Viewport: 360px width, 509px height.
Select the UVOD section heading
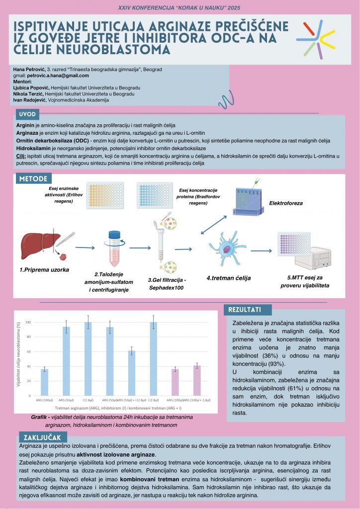pyautogui.click(x=28, y=114)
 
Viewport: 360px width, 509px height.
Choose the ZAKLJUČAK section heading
pyautogui.click(x=42, y=437)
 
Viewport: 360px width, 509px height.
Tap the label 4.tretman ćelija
pyautogui.click(x=228, y=278)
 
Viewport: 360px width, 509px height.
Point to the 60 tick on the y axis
pyautogui.click(x=28, y=352)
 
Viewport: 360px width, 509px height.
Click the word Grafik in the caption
pyautogui.click(x=41, y=417)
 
